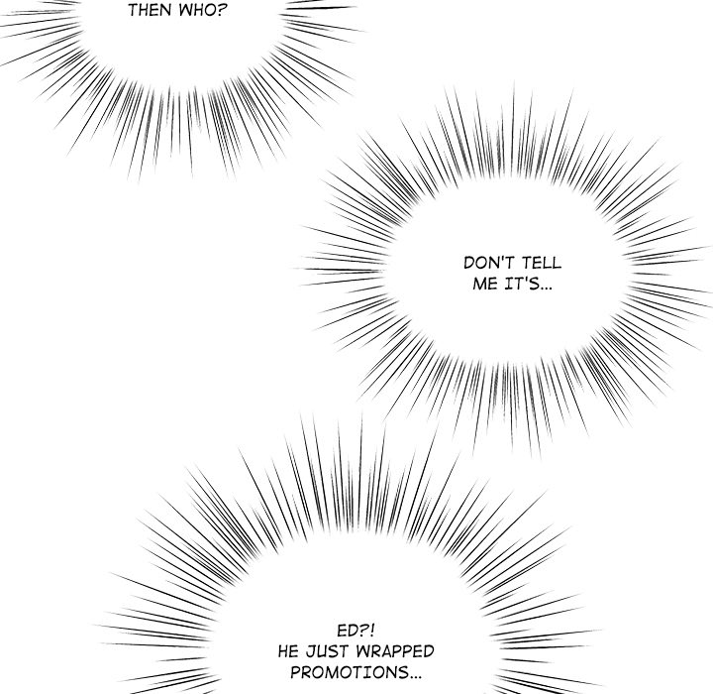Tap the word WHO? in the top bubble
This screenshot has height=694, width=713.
(201, 11)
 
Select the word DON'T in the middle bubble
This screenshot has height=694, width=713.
(489, 263)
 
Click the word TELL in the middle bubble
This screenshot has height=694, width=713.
(541, 263)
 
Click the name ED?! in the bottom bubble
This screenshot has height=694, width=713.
(356, 631)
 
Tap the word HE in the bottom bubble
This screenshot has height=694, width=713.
(289, 651)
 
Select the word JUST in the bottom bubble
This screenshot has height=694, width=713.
(328, 651)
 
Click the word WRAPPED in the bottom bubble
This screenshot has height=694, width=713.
(395, 651)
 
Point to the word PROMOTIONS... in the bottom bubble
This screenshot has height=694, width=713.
(356, 672)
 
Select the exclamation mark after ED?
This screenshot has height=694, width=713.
(372, 631)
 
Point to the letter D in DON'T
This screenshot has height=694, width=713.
(469, 263)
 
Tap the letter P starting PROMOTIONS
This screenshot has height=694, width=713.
(295, 672)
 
